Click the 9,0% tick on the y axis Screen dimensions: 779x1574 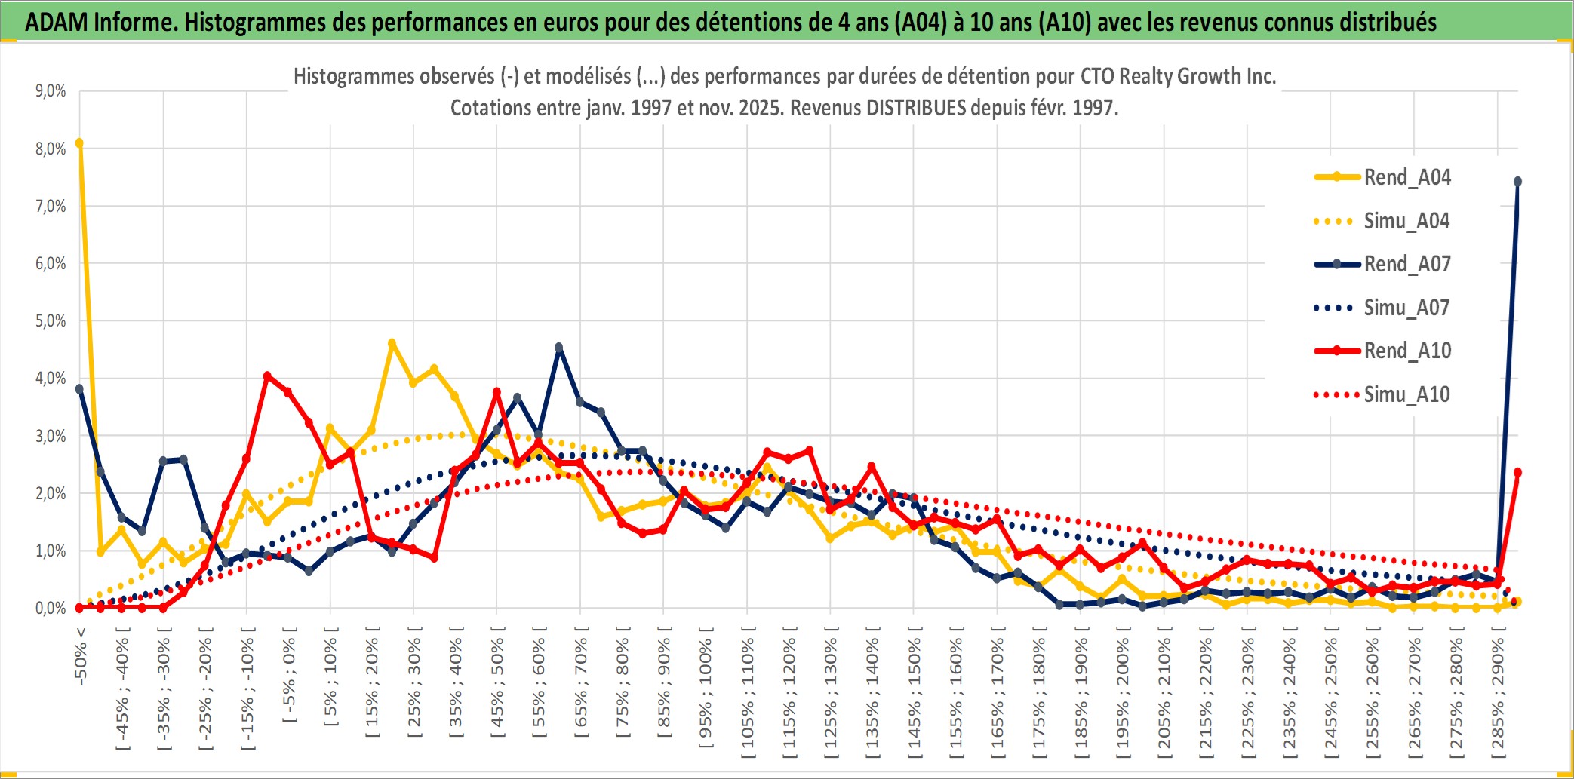(51, 91)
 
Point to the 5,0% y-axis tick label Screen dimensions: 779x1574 (51, 321)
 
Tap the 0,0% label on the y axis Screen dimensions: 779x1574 (51, 608)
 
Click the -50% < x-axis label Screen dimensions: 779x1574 (81, 656)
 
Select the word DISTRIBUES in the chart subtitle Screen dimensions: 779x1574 (916, 108)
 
